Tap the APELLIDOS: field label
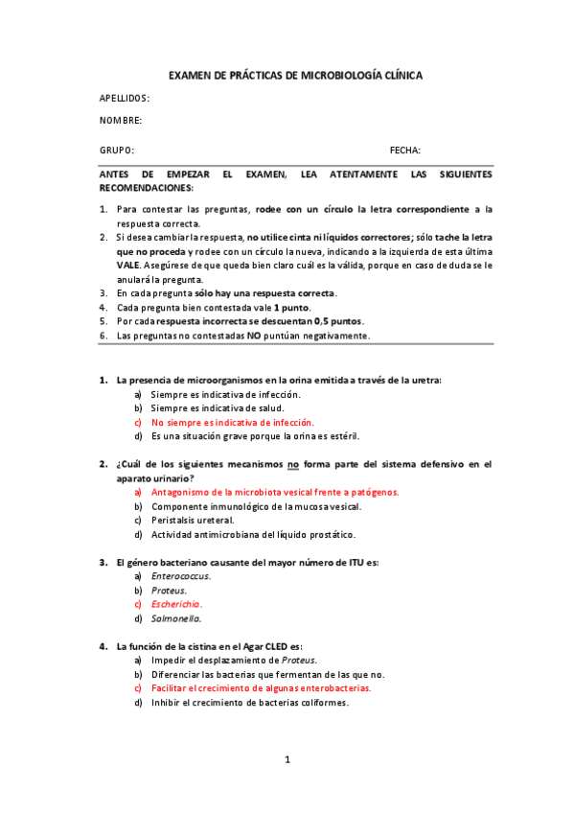(125, 98)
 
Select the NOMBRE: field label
(121, 120)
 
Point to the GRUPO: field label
(117, 151)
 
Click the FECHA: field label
(404, 151)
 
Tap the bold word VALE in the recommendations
(128, 265)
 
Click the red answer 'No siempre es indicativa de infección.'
(233, 422)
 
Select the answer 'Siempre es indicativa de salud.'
(218, 408)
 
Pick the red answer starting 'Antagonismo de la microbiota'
(275, 492)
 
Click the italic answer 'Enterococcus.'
(181, 576)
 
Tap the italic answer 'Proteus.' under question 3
(169, 591)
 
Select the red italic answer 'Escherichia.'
(177, 605)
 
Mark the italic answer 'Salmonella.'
(175, 618)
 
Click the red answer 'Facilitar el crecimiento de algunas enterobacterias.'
(262, 688)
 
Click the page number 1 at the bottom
(287, 760)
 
